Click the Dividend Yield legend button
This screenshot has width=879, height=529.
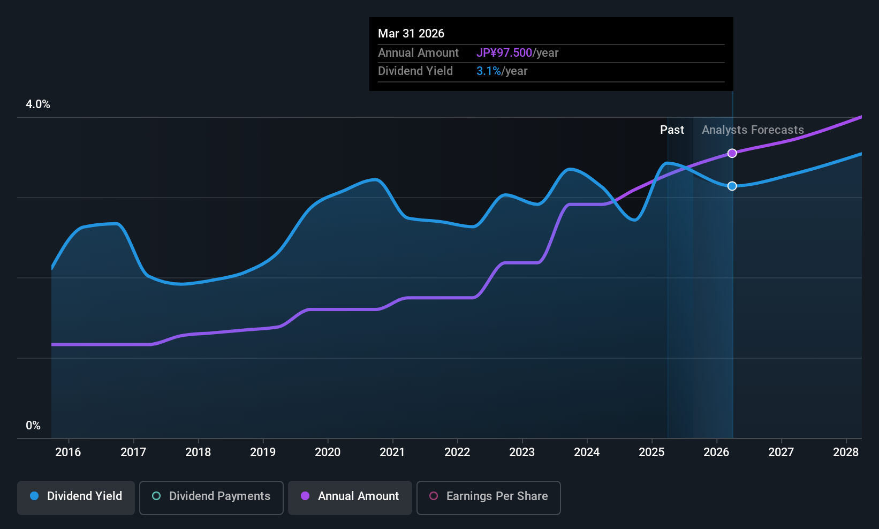[x=76, y=496]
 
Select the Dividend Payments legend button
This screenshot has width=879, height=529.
[x=211, y=496]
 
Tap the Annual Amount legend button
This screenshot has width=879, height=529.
[x=350, y=496]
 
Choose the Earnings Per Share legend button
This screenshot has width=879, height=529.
[x=488, y=496]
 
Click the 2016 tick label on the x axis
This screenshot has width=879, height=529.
[x=68, y=452]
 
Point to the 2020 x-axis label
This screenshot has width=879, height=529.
[x=328, y=452]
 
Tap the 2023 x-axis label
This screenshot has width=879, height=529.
[x=522, y=452]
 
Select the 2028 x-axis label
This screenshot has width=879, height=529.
[x=846, y=452]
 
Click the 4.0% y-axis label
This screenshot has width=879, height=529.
[x=38, y=104]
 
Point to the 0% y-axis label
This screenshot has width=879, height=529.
[x=33, y=426]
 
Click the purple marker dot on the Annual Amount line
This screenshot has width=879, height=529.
[x=732, y=153]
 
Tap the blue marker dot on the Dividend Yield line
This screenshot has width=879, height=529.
[x=732, y=186]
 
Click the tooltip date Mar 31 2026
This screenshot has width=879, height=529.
[x=411, y=33]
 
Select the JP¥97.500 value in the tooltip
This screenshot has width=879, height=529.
[x=504, y=53]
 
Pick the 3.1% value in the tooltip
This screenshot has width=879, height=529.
[x=489, y=71]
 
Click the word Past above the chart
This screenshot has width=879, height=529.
[x=672, y=130]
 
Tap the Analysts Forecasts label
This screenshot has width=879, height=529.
[x=753, y=130]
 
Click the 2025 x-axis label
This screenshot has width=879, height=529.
[x=651, y=452]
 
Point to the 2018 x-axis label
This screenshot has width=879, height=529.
[x=198, y=452]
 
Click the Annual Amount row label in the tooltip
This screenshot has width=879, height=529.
[x=418, y=53]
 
